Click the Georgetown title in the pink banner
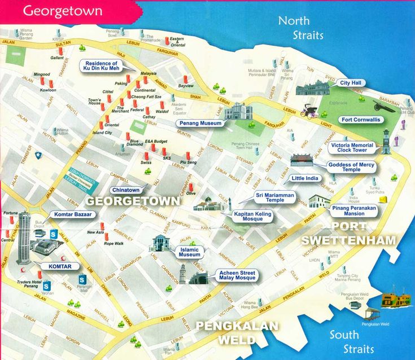point(63,11)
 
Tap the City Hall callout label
point(351,83)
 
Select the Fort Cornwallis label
point(361,120)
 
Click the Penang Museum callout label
point(199,122)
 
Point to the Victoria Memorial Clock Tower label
point(352,148)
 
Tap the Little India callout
point(305,178)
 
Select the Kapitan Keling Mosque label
point(252,217)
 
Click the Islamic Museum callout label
point(190,252)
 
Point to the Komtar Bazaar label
point(73,214)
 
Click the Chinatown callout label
point(125,190)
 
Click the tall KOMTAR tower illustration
point(23,237)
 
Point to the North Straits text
point(301,28)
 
